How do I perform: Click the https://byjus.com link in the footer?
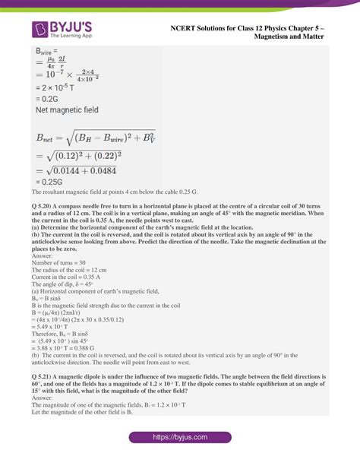point(179,438)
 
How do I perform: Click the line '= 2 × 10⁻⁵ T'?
point(58,87)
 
